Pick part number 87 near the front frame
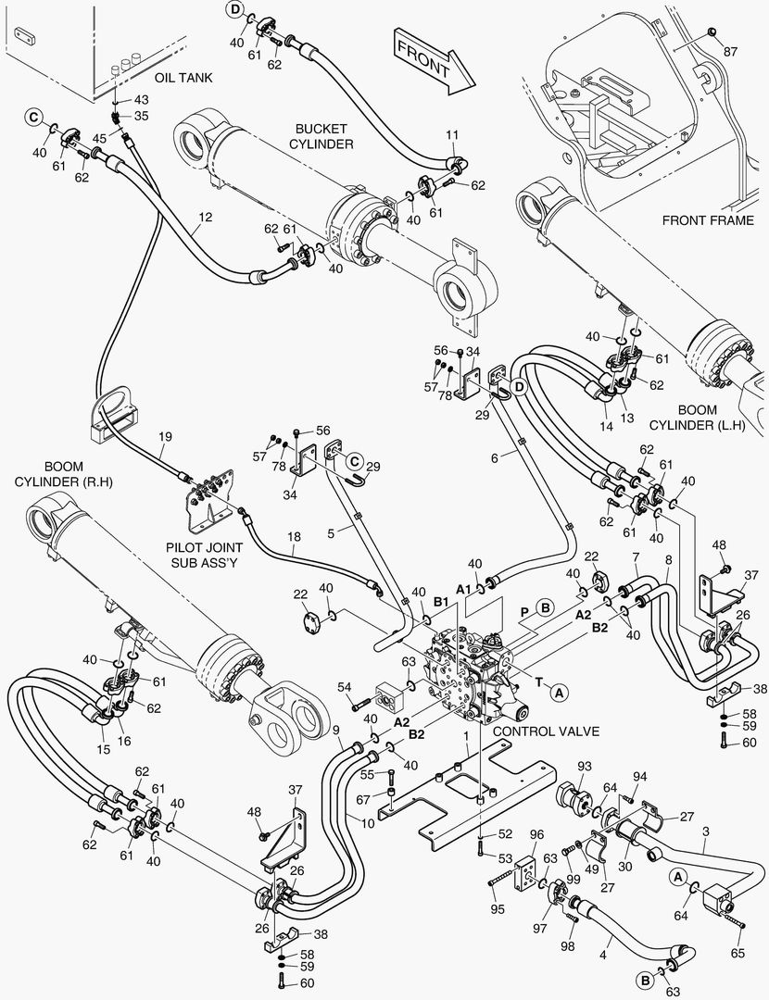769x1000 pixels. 731,51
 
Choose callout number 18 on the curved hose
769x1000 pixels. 294,536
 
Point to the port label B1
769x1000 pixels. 441,603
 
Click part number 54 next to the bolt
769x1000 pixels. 344,686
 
